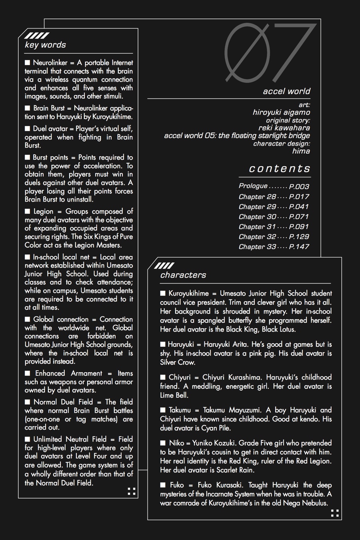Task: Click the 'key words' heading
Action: click(45, 45)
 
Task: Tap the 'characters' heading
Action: click(183, 275)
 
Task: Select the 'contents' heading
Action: click(279, 168)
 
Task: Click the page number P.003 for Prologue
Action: click(299, 186)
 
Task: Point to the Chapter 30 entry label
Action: click(257, 217)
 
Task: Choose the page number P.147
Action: click(299, 247)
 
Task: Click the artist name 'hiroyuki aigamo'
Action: click(281, 112)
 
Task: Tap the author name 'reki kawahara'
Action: click(284, 128)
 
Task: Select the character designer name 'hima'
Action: click(301, 151)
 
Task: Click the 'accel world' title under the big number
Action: click(286, 91)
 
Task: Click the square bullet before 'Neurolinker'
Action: click(28, 62)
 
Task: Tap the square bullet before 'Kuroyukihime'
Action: click(163, 293)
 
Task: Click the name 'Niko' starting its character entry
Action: click(176, 443)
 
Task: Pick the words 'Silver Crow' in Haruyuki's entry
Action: click(178, 362)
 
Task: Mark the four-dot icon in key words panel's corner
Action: click(131, 491)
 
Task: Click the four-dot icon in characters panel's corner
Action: click(335, 513)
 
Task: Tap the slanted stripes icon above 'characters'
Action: click(164, 266)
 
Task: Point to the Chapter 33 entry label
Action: click(257, 247)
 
